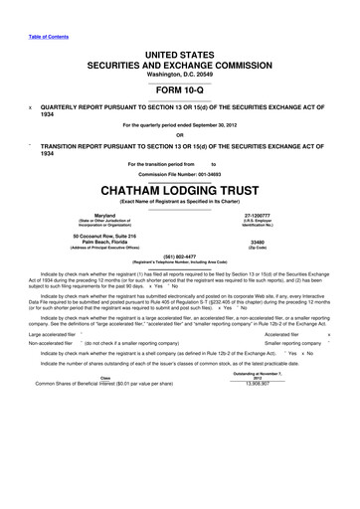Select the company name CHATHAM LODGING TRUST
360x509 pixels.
pos(179,186)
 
